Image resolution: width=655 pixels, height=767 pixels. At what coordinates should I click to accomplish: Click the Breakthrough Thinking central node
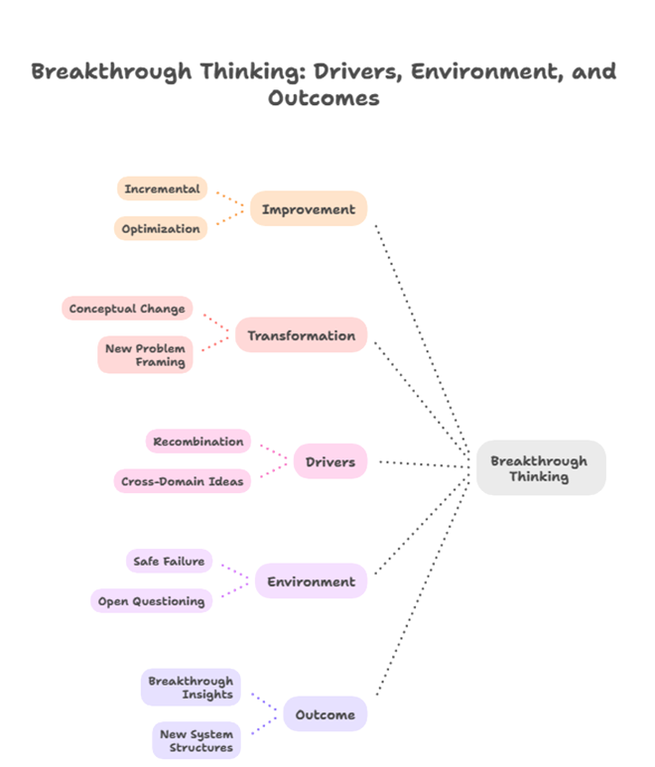[540, 468]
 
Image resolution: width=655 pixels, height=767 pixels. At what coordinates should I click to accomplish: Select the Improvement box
[308, 209]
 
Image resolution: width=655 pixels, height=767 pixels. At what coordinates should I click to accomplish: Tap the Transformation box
[301, 335]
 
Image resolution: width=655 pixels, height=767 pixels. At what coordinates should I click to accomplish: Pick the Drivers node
[329, 462]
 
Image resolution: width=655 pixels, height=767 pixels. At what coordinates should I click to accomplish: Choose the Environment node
[311, 581]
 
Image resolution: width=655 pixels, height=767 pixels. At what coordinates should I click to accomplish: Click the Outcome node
[325, 714]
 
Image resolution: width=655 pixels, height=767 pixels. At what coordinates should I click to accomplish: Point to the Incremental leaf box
[162, 189]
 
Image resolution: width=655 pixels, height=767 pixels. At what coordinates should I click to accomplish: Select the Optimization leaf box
[161, 229]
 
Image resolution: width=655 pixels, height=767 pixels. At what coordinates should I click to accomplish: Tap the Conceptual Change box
[127, 309]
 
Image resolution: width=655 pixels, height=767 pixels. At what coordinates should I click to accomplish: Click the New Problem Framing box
[145, 355]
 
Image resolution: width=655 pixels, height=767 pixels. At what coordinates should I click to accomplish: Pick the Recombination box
[198, 442]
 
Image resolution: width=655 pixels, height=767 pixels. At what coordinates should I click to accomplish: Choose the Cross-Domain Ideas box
[182, 481]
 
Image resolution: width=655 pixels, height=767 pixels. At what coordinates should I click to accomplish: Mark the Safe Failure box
[169, 562]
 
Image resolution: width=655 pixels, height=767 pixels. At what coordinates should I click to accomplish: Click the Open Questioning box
[151, 601]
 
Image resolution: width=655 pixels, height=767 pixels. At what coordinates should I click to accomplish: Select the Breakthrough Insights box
[191, 688]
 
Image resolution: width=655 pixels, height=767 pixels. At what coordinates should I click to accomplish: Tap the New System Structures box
[196, 740]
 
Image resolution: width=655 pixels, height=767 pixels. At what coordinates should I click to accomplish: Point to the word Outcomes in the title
[324, 98]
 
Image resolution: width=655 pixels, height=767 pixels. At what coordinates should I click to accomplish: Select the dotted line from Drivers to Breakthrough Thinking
[422, 463]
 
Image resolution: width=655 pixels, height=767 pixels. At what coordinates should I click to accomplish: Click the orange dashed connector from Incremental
[229, 196]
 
